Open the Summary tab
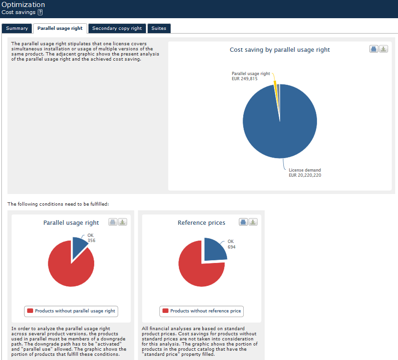point(17,28)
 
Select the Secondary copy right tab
point(117,28)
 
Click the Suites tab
point(158,28)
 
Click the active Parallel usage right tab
point(60,28)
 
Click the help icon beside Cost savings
point(40,12)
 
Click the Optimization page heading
point(23,5)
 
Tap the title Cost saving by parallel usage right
point(280,50)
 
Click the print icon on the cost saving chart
point(374,49)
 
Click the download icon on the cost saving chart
point(383,49)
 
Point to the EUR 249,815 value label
point(245,79)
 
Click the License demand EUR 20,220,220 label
point(305,173)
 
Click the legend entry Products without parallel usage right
point(71,311)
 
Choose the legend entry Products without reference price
point(201,311)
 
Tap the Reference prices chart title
point(201,223)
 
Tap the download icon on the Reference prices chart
point(253,222)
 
